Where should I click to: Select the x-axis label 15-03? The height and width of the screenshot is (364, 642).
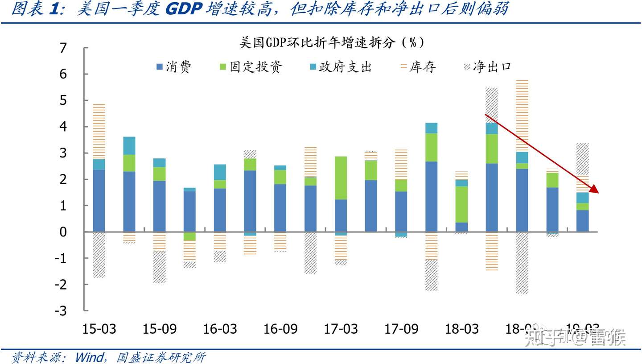[99, 329]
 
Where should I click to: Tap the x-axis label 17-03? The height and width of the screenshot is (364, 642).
[341, 329]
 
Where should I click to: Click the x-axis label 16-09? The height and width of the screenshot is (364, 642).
[280, 329]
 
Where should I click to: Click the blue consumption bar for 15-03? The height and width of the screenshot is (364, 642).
[99, 201]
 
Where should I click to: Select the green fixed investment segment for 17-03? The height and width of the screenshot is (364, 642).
[341, 178]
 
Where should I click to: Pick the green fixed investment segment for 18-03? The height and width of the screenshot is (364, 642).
[461, 204]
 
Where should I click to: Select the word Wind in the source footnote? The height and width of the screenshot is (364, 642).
[90, 357]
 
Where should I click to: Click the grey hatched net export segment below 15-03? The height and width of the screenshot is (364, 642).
[99, 255]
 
